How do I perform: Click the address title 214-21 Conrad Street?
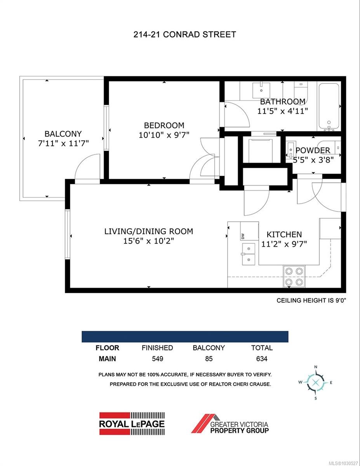(184, 35)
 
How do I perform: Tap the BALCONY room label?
(63, 134)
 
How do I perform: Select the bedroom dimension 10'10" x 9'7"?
(164, 135)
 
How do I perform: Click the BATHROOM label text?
(282, 102)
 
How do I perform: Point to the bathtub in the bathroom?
(329, 106)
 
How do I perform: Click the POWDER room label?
(313, 150)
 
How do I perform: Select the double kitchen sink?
(249, 254)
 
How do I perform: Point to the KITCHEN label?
(284, 235)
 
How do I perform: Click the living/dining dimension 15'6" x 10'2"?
(148, 241)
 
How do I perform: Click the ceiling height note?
(311, 300)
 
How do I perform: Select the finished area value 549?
(157, 359)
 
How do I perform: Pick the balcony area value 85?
(209, 359)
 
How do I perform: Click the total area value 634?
(262, 359)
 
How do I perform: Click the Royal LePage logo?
(132, 423)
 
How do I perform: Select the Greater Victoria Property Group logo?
(230, 423)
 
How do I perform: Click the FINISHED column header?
(157, 348)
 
